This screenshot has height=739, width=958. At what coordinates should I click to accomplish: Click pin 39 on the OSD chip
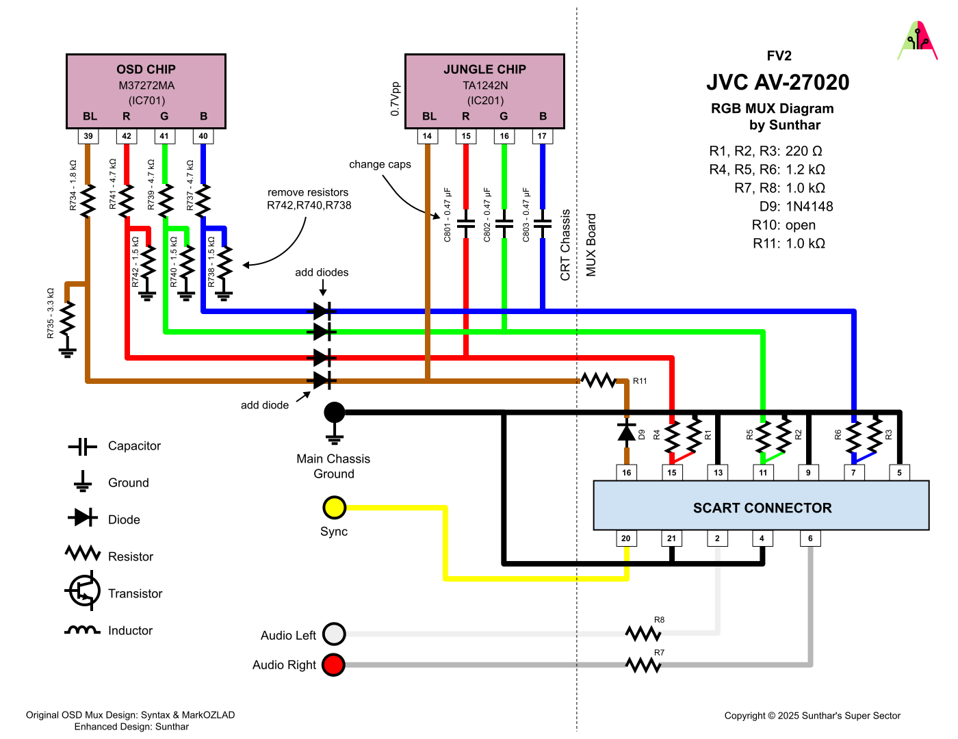(88, 136)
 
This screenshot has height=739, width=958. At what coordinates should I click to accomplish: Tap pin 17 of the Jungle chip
(542, 136)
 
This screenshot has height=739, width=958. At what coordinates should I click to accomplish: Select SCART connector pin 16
(626, 472)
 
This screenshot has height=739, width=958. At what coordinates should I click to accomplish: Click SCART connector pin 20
(626, 539)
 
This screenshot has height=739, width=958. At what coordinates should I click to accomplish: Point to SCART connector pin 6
(810, 539)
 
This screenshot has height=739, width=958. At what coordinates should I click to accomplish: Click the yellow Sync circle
(334, 508)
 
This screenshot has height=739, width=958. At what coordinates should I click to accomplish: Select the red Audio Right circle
(333, 664)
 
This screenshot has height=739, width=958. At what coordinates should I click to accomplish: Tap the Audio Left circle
(334, 634)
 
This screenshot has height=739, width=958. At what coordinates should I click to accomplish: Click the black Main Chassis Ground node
(334, 413)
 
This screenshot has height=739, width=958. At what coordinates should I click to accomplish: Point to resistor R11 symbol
(599, 380)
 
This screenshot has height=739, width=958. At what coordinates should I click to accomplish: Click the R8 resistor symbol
(643, 634)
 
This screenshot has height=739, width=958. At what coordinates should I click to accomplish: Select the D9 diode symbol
(626, 432)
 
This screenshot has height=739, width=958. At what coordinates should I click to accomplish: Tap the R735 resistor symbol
(67, 318)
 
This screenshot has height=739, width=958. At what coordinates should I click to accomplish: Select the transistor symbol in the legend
(83, 592)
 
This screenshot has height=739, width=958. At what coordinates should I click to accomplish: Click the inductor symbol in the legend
(83, 630)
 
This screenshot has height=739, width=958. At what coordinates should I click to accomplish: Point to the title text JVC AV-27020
(778, 83)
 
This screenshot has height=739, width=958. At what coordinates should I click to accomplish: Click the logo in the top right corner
(917, 41)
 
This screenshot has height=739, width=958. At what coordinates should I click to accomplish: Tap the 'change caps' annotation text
(380, 164)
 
